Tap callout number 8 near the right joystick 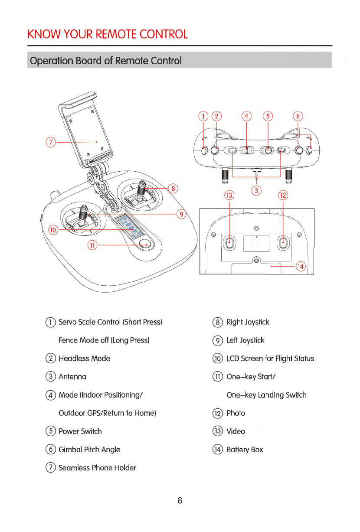pos(173,188)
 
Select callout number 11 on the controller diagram pos(92,245)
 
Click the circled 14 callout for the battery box pos(301,267)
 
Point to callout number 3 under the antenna pos(257,190)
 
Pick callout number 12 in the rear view pos(283,195)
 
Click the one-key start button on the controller pos(146,244)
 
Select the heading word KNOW pos(41,34)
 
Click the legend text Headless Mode pos(84,359)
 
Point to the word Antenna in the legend pos(72,377)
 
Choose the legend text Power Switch pos(80,431)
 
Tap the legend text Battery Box pos(245,450)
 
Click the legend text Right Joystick pos(248,322)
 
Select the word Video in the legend pos(236,431)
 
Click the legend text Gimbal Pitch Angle pos(89,450)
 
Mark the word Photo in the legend pos(236,413)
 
